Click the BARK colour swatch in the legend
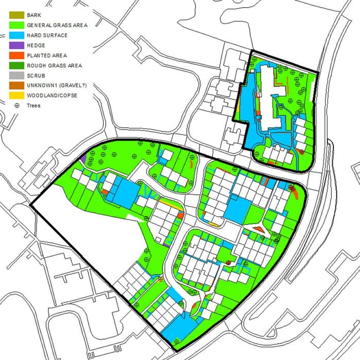(x=16, y=15)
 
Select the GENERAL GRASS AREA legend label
(x=57, y=26)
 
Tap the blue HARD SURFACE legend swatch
(x=16, y=35)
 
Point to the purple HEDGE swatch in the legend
(x=16, y=45)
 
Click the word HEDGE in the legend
(x=36, y=46)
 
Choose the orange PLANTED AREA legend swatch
(x=16, y=56)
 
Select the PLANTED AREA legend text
(x=47, y=56)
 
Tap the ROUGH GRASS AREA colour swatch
(x=16, y=65)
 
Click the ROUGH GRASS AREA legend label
(x=54, y=65)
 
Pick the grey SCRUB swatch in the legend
(x=16, y=75)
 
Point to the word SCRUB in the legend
(x=35, y=76)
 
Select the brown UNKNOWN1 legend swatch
(x=16, y=85)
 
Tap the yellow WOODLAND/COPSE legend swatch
(x=16, y=95)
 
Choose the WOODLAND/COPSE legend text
(x=51, y=95)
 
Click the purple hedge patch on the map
(x=83, y=159)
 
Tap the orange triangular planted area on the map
(x=259, y=228)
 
